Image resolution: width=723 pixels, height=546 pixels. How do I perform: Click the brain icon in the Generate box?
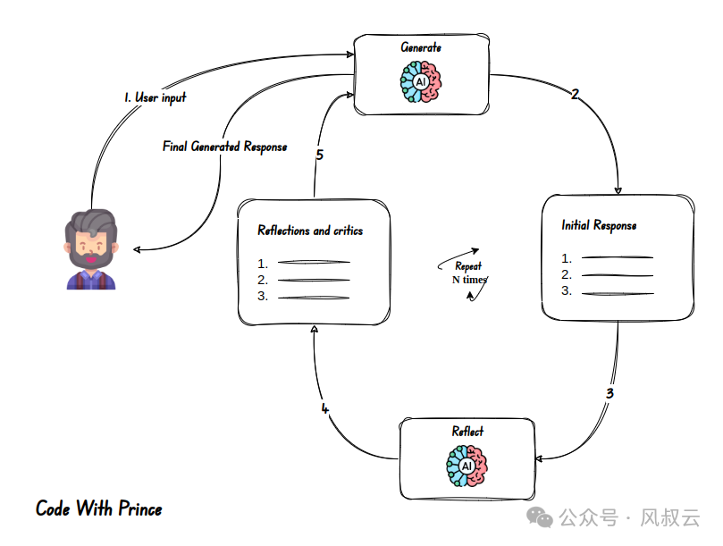tap(420, 81)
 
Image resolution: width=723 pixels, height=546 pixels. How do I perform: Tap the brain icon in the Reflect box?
tap(467, 466)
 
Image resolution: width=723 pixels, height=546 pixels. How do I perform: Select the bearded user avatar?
tap(90, 250)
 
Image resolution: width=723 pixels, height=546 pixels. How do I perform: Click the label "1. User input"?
tap(156, 97)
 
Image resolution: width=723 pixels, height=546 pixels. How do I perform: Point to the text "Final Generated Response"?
tap(224, 146)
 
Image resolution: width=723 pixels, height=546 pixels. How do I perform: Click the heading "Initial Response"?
tap(599, 225)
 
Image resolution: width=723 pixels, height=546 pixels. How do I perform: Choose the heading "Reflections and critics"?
tap(310, 231)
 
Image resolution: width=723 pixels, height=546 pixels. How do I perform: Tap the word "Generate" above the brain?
tap(420, 46)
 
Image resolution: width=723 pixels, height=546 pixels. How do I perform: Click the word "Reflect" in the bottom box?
tap(467, 432)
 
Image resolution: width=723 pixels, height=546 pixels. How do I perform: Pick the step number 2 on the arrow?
tap(575, 94)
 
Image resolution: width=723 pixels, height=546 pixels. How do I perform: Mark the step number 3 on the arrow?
tap(610, 392)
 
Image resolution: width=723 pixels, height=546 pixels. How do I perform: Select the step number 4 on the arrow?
tap(324, 409)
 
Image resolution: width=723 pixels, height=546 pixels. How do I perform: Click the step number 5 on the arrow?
tap(319, 155)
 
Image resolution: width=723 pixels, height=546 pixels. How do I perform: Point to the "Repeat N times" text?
tap(468, 273)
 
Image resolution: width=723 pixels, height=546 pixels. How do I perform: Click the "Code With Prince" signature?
tap(99, 509)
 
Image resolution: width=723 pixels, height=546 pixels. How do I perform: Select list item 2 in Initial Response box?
tap(608, 274)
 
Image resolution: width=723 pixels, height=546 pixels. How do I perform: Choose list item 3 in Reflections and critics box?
tap(304, 297)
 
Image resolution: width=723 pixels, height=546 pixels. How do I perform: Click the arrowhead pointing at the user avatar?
tap(135, 249)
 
